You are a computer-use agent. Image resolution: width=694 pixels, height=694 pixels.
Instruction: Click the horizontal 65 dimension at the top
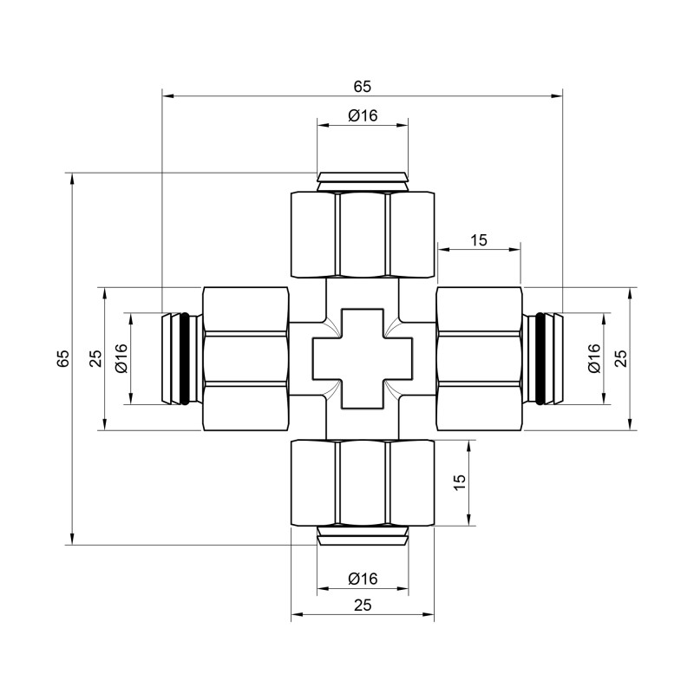coord(362,86)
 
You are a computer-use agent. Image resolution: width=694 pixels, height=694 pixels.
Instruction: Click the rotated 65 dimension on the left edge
coord(62,357)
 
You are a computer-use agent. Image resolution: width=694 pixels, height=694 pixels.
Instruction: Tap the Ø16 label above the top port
coord(362,116)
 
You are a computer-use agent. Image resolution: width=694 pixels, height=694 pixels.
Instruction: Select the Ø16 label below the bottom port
coord(362,579)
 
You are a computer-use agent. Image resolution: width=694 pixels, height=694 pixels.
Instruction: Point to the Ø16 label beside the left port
coord(121,357)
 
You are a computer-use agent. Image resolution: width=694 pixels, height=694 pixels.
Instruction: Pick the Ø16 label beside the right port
coord(593,357)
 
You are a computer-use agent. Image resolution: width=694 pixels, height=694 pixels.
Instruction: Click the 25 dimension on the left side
coord(95,357)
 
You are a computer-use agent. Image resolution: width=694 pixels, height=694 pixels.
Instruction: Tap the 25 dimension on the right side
coord(620,357)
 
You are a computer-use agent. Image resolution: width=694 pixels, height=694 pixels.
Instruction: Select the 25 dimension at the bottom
coord(362,606)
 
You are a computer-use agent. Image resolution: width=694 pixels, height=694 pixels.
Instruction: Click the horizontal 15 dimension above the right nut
coord(479,240)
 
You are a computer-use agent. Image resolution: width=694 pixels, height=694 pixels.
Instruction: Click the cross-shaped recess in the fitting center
coord(362,357)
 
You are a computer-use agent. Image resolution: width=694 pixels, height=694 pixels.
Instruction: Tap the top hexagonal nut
coord(362,234)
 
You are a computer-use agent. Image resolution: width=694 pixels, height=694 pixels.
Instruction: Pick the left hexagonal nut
coord(245,357)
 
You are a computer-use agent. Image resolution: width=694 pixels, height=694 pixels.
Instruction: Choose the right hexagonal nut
coord(479,357)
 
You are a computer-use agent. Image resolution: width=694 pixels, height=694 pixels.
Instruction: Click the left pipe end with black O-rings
coord(181,357)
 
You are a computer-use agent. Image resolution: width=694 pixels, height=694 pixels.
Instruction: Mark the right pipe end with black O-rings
coord(543,357)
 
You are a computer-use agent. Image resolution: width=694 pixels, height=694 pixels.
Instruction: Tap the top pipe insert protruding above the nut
coord(362,180)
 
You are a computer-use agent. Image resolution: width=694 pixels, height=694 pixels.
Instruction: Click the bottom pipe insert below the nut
coord(362,535)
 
